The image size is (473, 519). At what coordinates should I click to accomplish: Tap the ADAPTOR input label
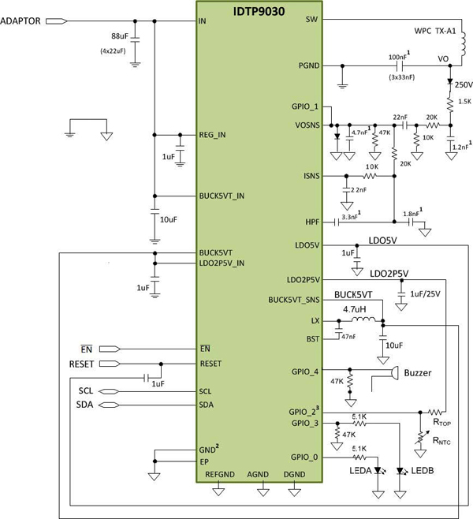pyautogui.click(x=23, y=21)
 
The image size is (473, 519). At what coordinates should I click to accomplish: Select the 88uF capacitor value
pyautogui.click(x=119, y=36)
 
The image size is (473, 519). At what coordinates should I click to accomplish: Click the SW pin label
pyautogui.click(x=311, y=21)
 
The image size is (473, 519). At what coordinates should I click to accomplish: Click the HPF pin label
pyautogui.click(x=311, y=222)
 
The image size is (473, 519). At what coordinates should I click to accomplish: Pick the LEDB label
pyautogui.click(x=417, y=472)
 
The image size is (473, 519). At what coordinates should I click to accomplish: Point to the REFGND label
pyautogui.click(x=219, y=474)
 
